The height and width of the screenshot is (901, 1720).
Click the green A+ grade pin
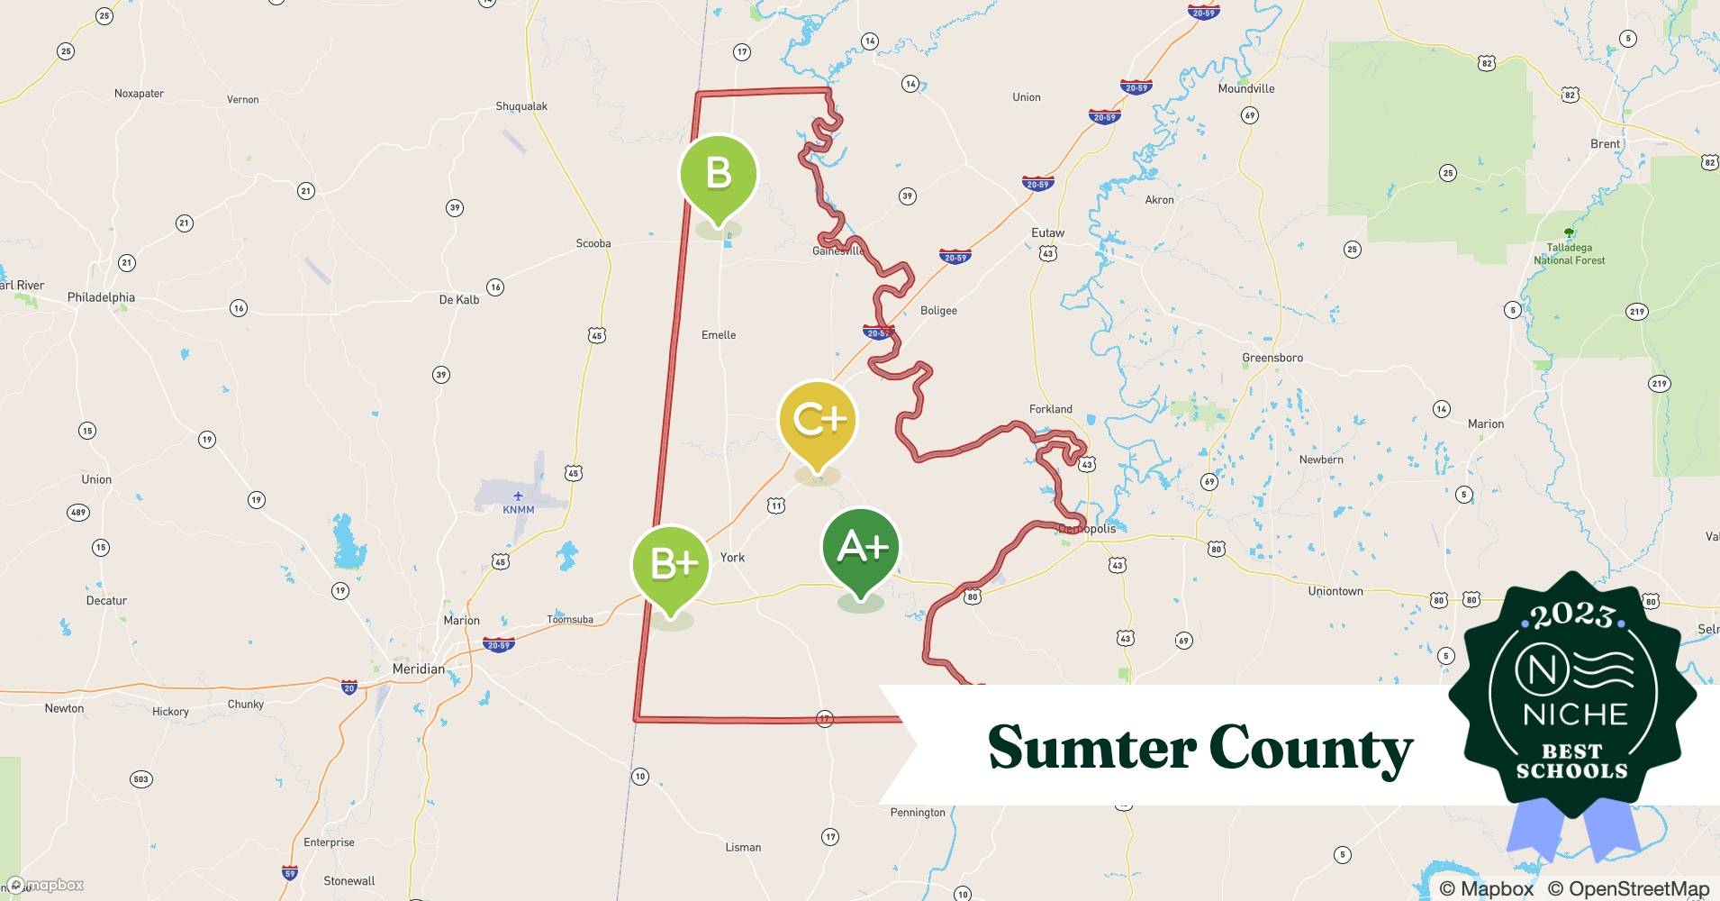861,548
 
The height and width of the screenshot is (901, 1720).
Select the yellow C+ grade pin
817,421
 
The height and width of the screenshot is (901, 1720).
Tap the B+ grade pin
671,565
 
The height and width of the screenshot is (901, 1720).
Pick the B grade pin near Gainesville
718,174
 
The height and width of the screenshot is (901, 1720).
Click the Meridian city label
419,669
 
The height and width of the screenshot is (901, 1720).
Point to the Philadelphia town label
101,297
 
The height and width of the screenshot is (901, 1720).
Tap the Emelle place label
719,335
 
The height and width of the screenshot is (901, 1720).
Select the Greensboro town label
1272,358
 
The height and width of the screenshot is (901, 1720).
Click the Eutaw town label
1047,232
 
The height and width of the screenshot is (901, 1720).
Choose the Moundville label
1246,88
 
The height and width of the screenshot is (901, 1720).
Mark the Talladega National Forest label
1570,253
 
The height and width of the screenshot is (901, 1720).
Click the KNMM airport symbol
518,496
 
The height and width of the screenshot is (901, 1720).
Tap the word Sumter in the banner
1088,748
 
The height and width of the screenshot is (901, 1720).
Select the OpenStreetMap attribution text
1628,888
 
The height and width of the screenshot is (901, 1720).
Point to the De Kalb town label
459,299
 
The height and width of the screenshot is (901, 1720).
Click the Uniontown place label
1335,591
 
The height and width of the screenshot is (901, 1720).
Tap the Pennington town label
918,812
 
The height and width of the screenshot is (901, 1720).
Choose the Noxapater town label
140,94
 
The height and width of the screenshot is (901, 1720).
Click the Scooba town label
593,243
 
